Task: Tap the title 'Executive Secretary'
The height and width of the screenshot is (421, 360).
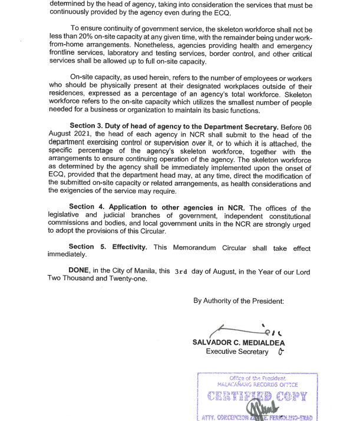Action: point(237,352)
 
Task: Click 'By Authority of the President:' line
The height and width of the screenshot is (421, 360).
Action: point(239,301)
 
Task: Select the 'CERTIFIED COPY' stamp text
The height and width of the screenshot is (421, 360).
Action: point(257,396)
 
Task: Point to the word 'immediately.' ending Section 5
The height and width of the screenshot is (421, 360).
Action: point(67,255)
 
